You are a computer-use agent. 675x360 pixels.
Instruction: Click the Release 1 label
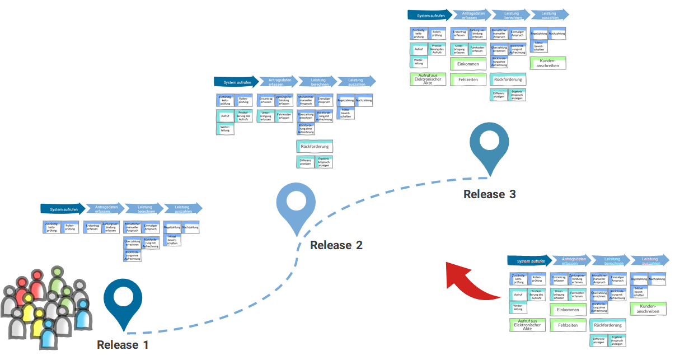click(123, 345)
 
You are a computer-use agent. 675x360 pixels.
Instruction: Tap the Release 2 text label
click(336, 245)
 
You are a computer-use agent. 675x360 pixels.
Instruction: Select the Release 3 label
click(489, 194)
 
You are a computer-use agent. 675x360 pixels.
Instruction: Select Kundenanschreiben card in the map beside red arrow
click(648, 308)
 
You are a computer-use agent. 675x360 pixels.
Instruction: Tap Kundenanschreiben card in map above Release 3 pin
click(548, 63)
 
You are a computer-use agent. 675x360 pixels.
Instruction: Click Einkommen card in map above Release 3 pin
click(468, 64)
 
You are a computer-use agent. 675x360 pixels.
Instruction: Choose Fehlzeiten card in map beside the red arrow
click(568, 325)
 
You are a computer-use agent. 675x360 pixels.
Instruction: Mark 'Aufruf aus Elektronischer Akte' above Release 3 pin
click(428, 78)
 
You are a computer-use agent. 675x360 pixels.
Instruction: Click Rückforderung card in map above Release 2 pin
click(314, 147)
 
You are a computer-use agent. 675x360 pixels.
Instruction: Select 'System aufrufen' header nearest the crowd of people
click(63, 209)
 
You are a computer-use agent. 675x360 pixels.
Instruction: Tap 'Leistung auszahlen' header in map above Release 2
click(356, 82)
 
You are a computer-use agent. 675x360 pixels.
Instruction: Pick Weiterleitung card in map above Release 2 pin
click(225, 129)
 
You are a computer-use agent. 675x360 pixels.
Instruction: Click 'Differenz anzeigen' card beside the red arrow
click(598, 340)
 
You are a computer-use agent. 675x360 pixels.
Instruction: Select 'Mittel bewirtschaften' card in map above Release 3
click(539, 46)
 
